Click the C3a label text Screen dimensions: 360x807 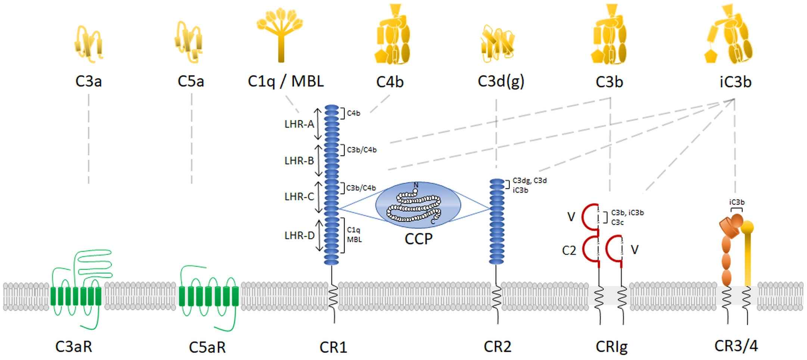point(88,81)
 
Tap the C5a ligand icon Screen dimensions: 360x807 point(188,41)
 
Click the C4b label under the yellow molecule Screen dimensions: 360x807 point(390,81)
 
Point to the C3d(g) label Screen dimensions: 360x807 point(501,81)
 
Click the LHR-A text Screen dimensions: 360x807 point(299,124)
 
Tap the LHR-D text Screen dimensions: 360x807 point(299,235)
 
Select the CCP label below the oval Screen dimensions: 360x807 point(418,239)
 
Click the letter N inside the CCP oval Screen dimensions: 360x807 point(416,185)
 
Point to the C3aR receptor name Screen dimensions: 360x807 point(74,347)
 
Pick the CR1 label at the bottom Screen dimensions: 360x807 point(333,347)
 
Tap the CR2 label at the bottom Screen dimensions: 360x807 point(497,347)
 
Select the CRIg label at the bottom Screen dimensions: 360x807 point(611,347)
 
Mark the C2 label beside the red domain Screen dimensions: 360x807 point(569,251)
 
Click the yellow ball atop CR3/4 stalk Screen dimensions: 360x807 point(747,227)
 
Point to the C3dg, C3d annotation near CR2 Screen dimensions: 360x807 point(529,181)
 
